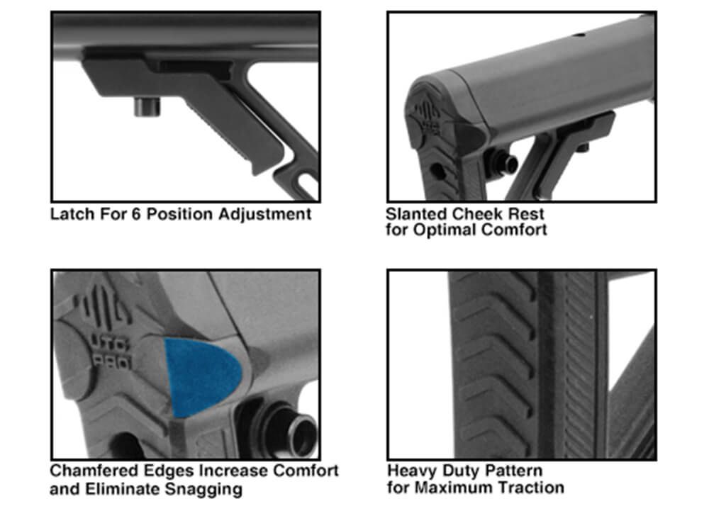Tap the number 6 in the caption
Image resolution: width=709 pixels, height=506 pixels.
(136, 214)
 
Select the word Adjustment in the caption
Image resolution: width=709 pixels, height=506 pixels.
(265, 215)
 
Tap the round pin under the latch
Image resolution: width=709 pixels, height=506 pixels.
(147, 106)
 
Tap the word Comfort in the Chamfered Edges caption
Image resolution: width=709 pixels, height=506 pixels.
(306, 471)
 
